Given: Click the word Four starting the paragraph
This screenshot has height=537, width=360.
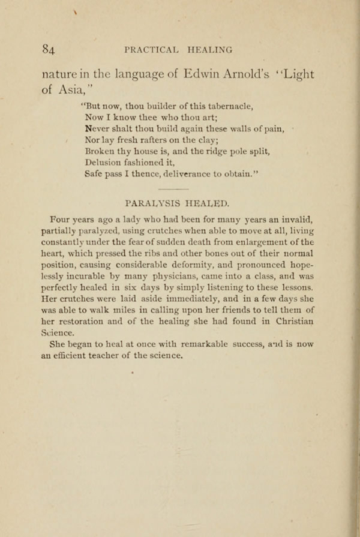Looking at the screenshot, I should [61, 220].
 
